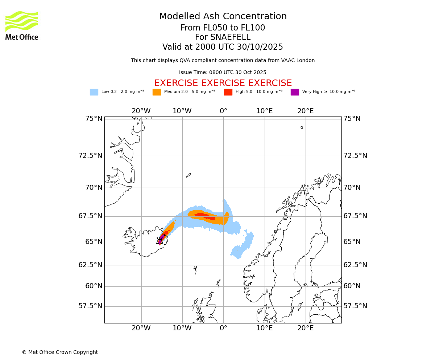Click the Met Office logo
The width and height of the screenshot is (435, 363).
pyautogui.click(x=22, y=25)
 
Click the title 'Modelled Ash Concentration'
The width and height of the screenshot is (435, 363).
pyautogui.click(x=223, y=16)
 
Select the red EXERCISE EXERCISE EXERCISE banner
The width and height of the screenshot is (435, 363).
pyautogui.click(x=223, y=83)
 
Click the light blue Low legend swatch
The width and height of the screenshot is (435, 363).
pyautogui.click(x=94, y=92)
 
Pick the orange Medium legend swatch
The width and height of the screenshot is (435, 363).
pyautogui.click(x=157, y=92)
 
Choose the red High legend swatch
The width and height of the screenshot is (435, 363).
pyautogui.click(x=228, y=92)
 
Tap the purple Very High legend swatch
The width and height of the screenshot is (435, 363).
pyautogui.click(x=295, y=92)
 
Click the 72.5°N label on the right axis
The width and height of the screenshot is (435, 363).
pyautogui.click(x=355, y=156)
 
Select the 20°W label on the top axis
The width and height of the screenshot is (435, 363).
pyautogui.click(x=141, y=111)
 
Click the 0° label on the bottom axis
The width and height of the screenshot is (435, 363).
pyautogui.click(x=223, y=328)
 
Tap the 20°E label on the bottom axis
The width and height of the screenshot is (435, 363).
pyautogui.click(x=306, y=328)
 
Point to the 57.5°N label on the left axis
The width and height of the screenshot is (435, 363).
pyautogui.click(x=90, y=306)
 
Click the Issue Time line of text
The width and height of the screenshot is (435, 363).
pyautogui.click(x=223, y=72)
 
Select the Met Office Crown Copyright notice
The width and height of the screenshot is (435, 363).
pyautogui.click(x=60, y=352)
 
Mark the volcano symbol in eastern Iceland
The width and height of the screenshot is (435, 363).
pyautogui.click(x=160, y=241)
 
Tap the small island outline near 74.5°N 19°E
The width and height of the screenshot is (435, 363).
pyautogui.click(x=302, y=127)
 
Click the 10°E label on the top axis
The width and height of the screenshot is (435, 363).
pyautogui.click(x=265, y=111)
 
